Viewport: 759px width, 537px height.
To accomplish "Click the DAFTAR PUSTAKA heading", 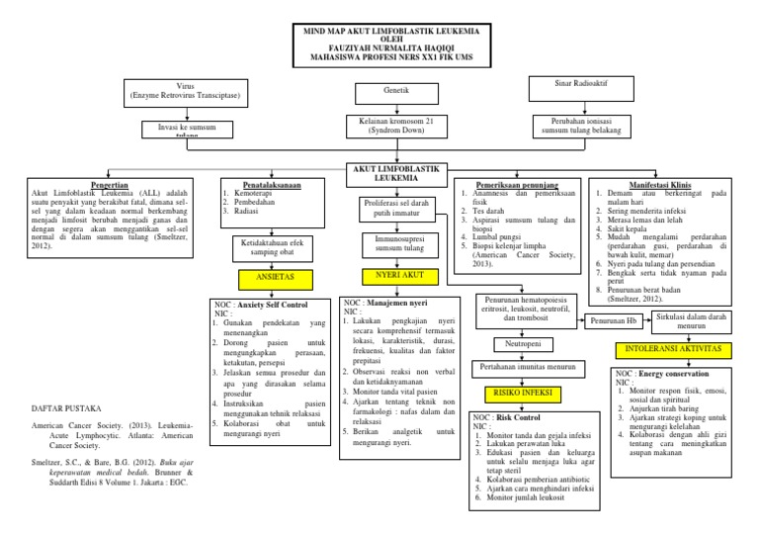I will (61, 406).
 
